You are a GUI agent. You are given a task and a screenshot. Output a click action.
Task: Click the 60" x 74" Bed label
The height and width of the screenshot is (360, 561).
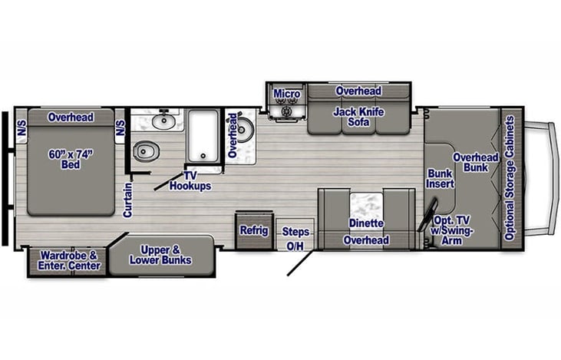click(x=71, y=159)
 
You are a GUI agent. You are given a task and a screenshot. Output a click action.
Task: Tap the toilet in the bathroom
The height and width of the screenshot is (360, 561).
click(x=144, y=152)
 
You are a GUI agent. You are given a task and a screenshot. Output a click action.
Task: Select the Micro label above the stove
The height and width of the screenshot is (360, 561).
click(x=286, y=94)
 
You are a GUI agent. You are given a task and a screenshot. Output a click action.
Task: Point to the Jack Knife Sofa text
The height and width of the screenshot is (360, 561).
click(x=358, y=117)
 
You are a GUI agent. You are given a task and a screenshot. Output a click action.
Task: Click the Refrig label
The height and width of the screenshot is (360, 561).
click(x=252, y=230)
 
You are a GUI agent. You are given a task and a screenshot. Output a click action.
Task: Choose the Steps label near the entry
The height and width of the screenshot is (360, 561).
click(x=295, y=231)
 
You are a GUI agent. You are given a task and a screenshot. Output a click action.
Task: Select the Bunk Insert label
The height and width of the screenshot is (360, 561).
click(x=441, y=178)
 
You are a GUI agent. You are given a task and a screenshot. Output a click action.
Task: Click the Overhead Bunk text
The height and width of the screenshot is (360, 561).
click(x=475, y=163)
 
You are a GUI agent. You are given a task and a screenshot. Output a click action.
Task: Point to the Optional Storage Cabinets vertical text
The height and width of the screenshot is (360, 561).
click(x=512, y=178)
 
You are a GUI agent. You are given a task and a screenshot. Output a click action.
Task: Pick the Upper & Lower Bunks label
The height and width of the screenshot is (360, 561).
click(x=160, y=255)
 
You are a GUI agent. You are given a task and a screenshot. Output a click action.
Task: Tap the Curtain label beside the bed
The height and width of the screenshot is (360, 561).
click(x=128, y=199)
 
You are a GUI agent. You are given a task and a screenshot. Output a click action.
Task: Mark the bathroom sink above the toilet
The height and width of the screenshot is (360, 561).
click(x=163, y=120)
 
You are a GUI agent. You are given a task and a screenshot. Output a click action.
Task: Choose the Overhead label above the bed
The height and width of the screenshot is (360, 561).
click(x=71, y=117)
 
